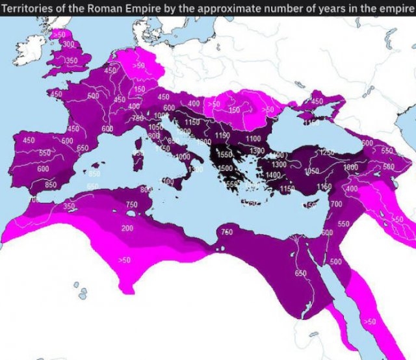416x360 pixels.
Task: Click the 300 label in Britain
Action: click(x=68, y=44)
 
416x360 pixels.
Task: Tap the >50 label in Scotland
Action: click(x=59, y=34)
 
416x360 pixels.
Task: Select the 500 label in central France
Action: click(x=92, y=96)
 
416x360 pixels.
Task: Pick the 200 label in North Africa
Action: click(x=127, y=229)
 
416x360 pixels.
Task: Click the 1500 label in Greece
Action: click(x=225, y=168)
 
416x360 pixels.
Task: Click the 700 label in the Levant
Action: click(x=336, y=204)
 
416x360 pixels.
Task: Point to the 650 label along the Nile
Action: click(x=301, y=274)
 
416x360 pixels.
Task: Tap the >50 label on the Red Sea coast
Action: click(x=369, y=322)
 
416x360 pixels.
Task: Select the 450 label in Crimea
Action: click(x=317, y=102)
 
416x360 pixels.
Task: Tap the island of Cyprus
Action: click(x=313, y=203)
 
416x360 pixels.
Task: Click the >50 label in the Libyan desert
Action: click(x=125, y=260)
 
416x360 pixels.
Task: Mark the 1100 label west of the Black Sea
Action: click(x=252, y=138)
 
